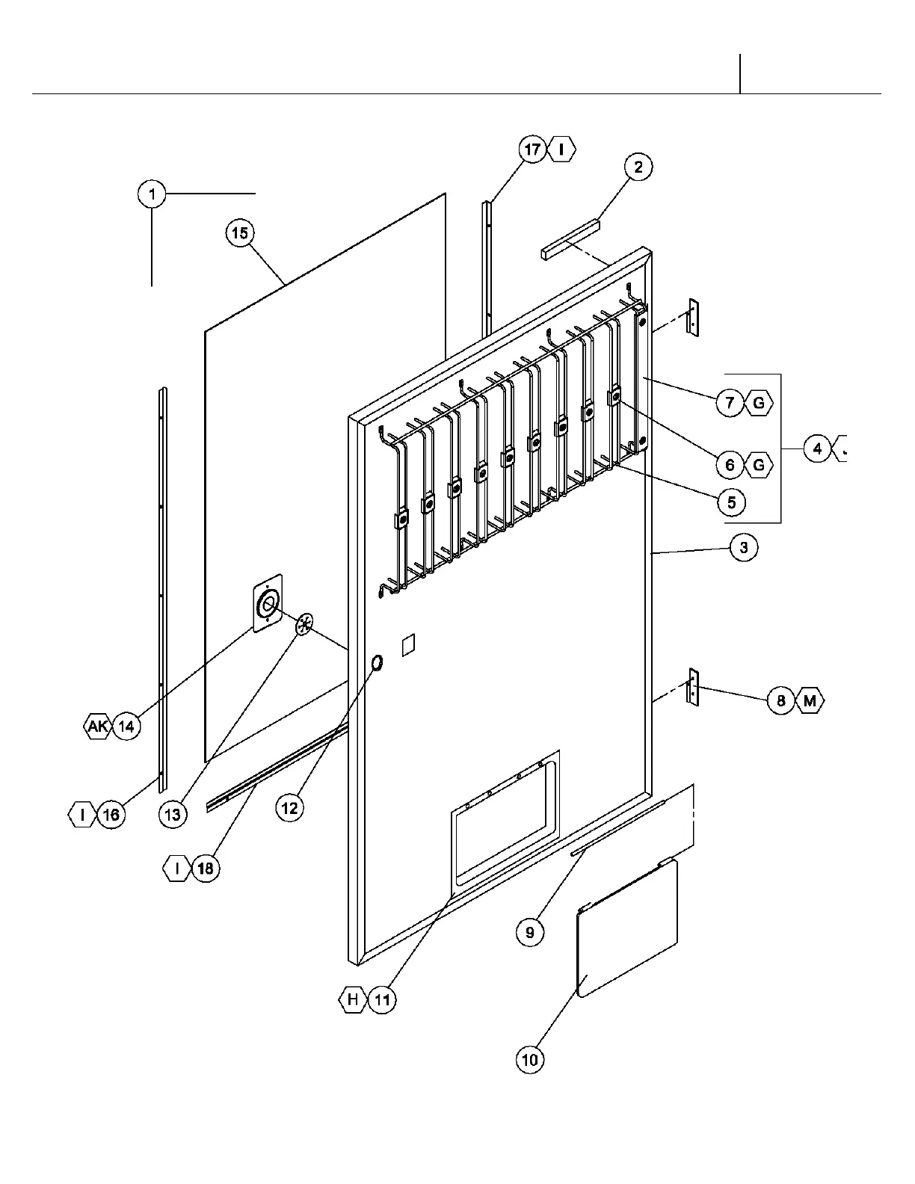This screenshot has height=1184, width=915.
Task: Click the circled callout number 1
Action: tap(152, 194)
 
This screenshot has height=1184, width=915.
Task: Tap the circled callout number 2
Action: tap(638, 167)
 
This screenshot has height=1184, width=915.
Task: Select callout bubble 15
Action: tap(239, 233)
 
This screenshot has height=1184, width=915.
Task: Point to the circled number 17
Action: tap(532, 149)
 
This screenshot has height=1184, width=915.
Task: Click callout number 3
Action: tap(743, 547)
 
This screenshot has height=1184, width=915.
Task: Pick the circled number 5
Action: tap(731, 502)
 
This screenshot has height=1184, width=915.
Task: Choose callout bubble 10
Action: tap(529, 1059)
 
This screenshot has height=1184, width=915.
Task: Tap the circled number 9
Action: tap(530, 932)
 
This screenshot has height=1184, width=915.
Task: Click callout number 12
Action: tap(289, 807)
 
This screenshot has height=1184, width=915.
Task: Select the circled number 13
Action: tap(173, 814)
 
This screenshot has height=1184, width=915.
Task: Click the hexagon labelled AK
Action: tap(98, 726)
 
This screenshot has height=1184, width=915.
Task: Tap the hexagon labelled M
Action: tap(810, 701)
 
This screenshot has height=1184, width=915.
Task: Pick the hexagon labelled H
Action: tap(353, 999)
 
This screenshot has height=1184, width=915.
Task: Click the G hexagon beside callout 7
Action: tap(759, 403)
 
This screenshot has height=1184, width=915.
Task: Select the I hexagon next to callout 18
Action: tap(176, 868)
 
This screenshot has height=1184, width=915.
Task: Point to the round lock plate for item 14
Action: tap(268, 603)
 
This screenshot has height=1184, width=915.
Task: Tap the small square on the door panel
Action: tap(407, 645)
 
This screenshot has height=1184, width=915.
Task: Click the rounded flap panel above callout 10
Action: tap(629, 927)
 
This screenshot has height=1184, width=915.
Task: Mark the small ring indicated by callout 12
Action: tap(377, 662)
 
